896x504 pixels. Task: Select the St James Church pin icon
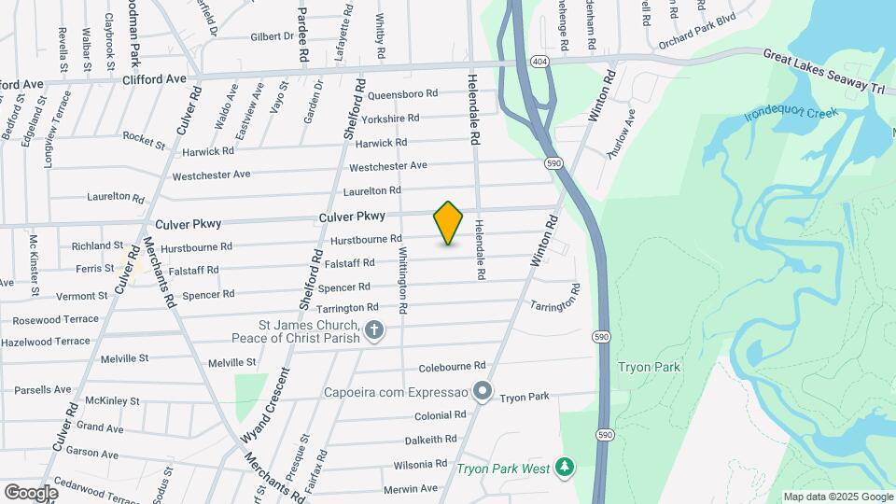click(374, 329)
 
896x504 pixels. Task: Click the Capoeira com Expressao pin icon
click(482, 390)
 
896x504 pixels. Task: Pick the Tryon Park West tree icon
click(563, 466)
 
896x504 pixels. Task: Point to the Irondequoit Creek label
click(791, 116)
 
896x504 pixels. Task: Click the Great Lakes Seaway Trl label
click(822, 72)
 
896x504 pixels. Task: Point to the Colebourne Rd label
click(453, 366)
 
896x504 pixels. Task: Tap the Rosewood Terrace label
click(55, 319)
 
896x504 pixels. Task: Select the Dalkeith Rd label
click(430, 439)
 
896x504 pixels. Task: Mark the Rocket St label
click(144, 137)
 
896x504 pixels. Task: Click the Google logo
click(31, 492)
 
